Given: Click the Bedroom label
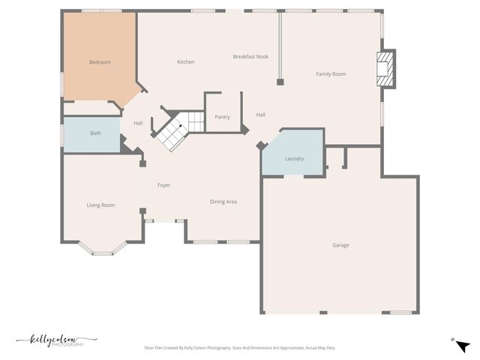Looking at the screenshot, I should pos(100,62).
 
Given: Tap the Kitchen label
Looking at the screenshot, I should pos(185,61).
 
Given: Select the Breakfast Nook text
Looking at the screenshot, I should pos(250,57).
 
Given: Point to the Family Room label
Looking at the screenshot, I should pos(331,73).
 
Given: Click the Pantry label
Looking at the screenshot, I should pos(222,117).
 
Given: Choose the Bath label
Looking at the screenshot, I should pos(95,133).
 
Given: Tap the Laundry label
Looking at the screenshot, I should pos(294,159).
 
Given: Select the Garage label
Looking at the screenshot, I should pos(340,245).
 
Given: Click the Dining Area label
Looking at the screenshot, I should pos(223,202).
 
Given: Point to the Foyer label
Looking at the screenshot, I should pos(163,185).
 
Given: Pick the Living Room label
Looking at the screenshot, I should pos(100,205).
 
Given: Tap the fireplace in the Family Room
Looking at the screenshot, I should pos(384,68).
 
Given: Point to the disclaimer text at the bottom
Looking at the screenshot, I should pos(239,348).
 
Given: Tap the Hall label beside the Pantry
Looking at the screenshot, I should pos(260,115).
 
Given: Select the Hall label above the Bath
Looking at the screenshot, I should pos(138,123).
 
